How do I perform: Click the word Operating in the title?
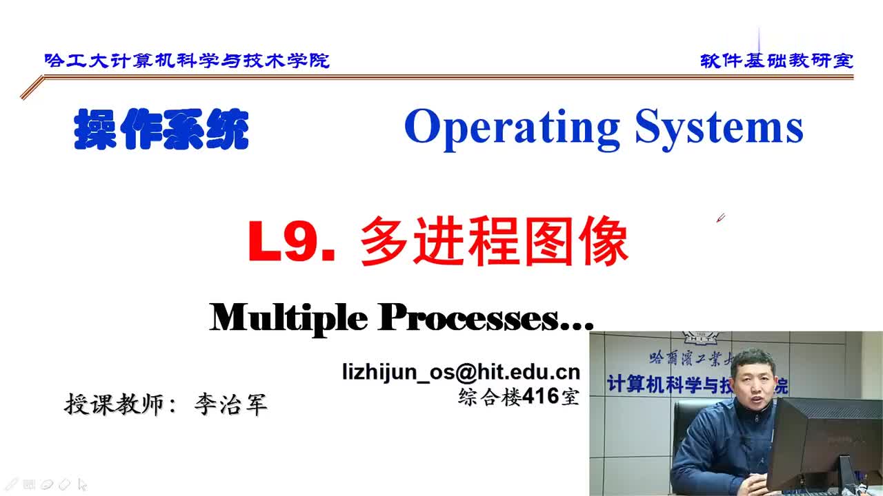[511, 128]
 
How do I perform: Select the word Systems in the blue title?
[720, 128]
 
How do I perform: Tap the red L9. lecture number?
[292, 241]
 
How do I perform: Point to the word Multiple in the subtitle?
[288, 318]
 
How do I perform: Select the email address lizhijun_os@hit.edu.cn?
[462, 371]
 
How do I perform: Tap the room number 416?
[541, 395]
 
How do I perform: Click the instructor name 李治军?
[231, 404]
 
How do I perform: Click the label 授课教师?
[114, 404]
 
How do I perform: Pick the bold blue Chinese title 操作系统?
[161, 129]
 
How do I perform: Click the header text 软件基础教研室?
[777, 61]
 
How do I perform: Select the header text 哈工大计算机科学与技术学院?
[187, 61]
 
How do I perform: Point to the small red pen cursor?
[721, 218]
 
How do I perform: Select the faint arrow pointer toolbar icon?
[82, 484]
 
